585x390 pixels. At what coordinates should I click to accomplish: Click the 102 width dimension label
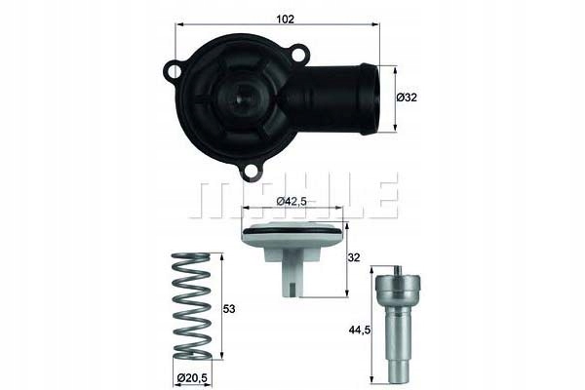click(285, 19)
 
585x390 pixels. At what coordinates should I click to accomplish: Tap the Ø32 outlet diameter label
click(407, 97)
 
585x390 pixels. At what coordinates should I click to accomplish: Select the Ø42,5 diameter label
click(292, 202)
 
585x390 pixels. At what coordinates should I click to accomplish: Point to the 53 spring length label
click(229, 309)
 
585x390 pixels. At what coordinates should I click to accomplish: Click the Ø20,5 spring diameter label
click(192, 377)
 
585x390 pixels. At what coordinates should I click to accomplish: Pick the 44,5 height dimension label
click(360, 330)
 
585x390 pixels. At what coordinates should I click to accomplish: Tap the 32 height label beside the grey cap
click(354, 257)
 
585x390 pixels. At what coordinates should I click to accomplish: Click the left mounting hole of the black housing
click(174, 70)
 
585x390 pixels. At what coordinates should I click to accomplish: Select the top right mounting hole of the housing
click(298, 56)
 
